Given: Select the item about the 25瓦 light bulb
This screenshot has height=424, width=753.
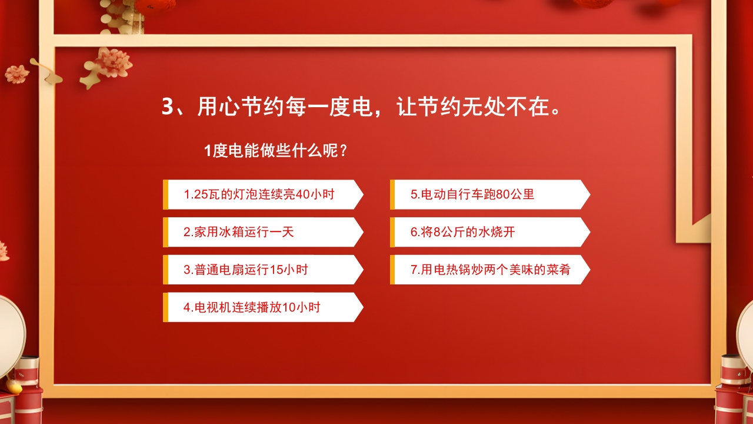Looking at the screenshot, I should tap(259, 194).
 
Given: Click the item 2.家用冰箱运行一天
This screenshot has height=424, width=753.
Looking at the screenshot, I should tap(239, 232).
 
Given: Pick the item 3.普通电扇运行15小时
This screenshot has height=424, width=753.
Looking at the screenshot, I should tap(246, 270).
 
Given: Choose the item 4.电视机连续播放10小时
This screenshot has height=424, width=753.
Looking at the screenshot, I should tap(252, 307).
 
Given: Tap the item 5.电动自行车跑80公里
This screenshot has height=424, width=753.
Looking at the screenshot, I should tap(472, 194).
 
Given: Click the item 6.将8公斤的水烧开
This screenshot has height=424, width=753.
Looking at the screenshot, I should tap(462, 232).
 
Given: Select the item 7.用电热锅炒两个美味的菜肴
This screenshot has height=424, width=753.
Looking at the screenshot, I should tap(490, 270).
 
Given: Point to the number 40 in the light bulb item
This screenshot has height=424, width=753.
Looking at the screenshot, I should tap(302, 194).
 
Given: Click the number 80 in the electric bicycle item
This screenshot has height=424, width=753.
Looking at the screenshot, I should tap(503, 194).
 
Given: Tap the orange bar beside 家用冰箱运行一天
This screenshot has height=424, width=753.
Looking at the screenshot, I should tap(165, 232).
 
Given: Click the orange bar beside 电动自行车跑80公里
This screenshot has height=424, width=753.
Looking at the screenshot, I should tap(392, 194).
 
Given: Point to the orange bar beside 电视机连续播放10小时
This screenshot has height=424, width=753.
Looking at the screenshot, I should tap(165, 307).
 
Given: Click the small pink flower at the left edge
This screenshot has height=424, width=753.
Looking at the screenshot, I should tap(16, 74).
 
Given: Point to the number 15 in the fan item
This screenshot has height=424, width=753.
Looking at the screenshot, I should tap(276, 270).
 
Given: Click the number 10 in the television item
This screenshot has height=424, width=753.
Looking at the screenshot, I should tap(289, 307).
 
